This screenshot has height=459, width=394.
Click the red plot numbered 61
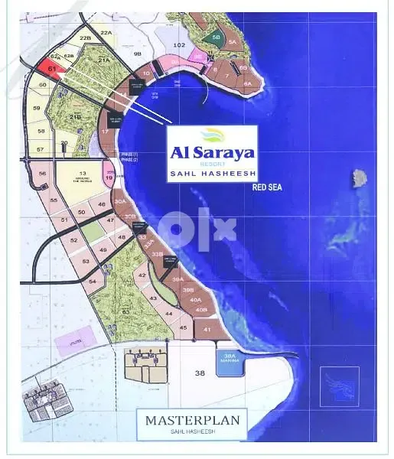pos(53,69)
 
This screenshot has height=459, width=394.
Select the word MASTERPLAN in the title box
pos(192,419)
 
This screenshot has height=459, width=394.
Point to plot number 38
pos(200,373)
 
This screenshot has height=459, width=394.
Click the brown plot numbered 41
pos(207,329)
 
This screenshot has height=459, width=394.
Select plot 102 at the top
pos(180,46)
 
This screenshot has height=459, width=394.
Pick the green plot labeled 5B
pos(216,37)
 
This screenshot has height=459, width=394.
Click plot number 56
pos(43,174)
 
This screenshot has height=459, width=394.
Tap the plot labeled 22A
pos(106,33)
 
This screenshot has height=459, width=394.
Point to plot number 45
pos(183,327)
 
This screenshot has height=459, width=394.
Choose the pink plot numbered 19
pos(109,178)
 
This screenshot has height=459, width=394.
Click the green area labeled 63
pos(125,311)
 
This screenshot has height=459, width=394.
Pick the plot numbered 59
pos(36,109)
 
